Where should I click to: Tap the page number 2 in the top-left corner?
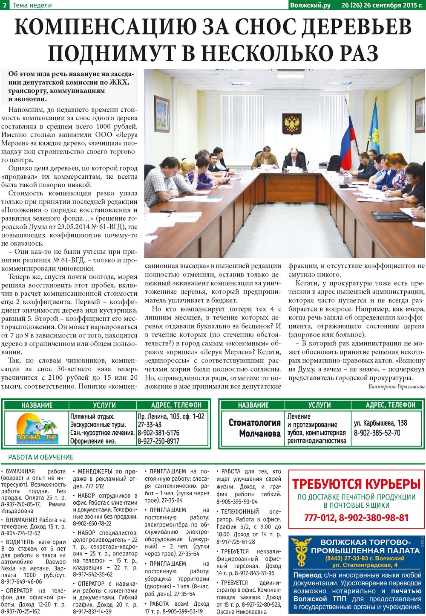[x=4, y=5]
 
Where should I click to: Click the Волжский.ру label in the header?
[x=311, y=5]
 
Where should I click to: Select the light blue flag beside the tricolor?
[x=374, y=128]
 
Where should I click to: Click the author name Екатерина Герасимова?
[x=396, y=386]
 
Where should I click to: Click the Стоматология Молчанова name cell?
[x=254, y=428]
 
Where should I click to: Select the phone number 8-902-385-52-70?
[x=377, y=433]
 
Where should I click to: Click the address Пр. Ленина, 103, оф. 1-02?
[x=171, y=416]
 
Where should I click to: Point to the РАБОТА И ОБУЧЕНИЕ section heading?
[x=41, y=457]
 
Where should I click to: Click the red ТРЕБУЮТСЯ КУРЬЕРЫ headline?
[x=357, y=484]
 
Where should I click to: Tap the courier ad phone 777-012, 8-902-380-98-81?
[x=357, y=518]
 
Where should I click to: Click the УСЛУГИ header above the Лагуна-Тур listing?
[x=104, y=405]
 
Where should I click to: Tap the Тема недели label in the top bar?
[x=32, y=5]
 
